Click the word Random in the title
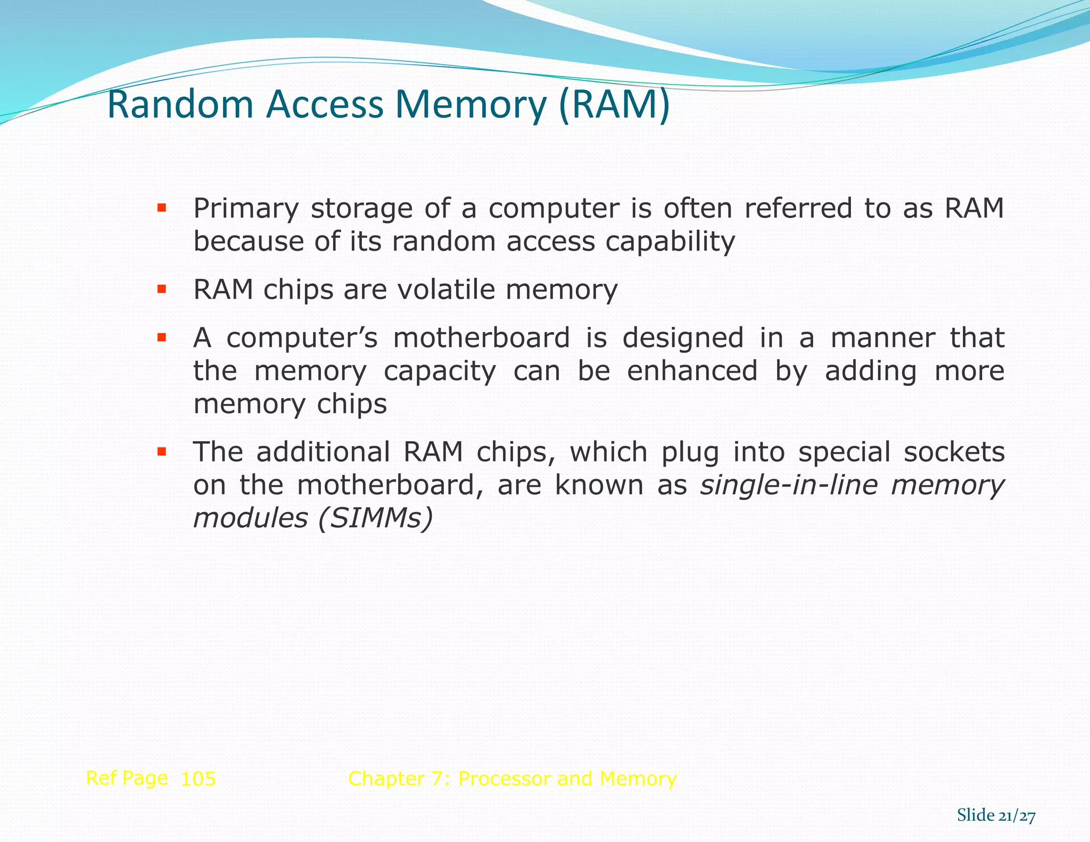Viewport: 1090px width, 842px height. click(x=180, y=105)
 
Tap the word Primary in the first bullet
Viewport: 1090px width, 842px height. click(x=245, y=209)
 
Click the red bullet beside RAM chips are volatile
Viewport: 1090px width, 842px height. click(x=162, y=290)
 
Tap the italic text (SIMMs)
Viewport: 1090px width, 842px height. click(x=375, y=518)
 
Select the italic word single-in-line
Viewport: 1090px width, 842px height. click(x=789, y=485)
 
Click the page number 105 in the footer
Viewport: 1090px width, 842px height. click(x=198, y=779)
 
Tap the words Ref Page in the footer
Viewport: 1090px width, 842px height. click(x=127, y=778)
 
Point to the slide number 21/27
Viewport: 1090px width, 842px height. click(x=1017, y=815)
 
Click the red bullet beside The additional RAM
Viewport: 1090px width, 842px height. click(x=162, y=452)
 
